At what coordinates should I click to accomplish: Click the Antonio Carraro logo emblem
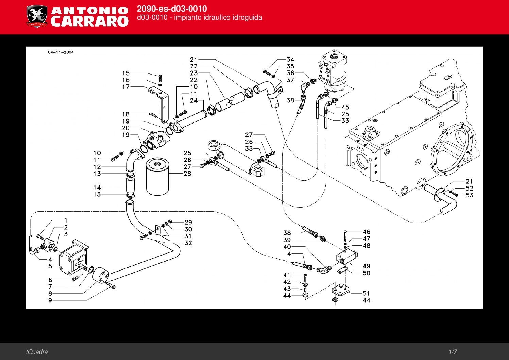(37, 16)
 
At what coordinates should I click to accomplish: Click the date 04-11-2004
(61, 52)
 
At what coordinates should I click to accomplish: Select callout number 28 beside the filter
(187, 174)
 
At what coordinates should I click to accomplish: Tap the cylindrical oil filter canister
(157, 177)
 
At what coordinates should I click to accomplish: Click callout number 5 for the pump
(50, 266)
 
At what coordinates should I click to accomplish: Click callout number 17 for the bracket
(126, 87)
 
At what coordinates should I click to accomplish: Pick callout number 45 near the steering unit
(345, 107)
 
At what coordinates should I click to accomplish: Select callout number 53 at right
(469, 195)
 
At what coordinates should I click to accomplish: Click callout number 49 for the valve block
(366, 266)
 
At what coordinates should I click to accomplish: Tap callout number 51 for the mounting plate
(366, 293)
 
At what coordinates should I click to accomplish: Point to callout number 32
(188, 243)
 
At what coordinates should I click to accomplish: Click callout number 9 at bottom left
(50, 300)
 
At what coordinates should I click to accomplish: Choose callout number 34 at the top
(290, 60)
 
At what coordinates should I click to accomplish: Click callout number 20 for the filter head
(126, 128)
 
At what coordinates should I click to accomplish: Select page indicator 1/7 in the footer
(453, 352)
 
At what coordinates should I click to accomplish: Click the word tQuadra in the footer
(37, 352)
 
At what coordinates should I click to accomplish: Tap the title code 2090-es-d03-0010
(172, 9)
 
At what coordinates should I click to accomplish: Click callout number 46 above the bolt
(366, 232)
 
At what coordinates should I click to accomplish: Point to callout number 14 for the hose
(97, 187)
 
